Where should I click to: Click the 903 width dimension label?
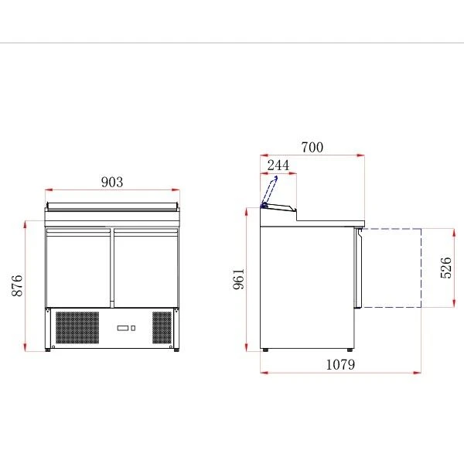pos(112,182)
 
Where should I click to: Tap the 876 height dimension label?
pos(17,285)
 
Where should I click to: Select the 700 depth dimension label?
pos(312,147)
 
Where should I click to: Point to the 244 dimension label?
pos(278,165)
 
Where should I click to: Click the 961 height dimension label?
pos(238,278)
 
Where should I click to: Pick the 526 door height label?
pos(446,268)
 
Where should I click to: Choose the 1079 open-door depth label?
pos(340,364)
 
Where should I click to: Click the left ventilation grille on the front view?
pos(77,328)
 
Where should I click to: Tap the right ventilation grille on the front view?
pos(162,328)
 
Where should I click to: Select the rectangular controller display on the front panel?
pos(122,328)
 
